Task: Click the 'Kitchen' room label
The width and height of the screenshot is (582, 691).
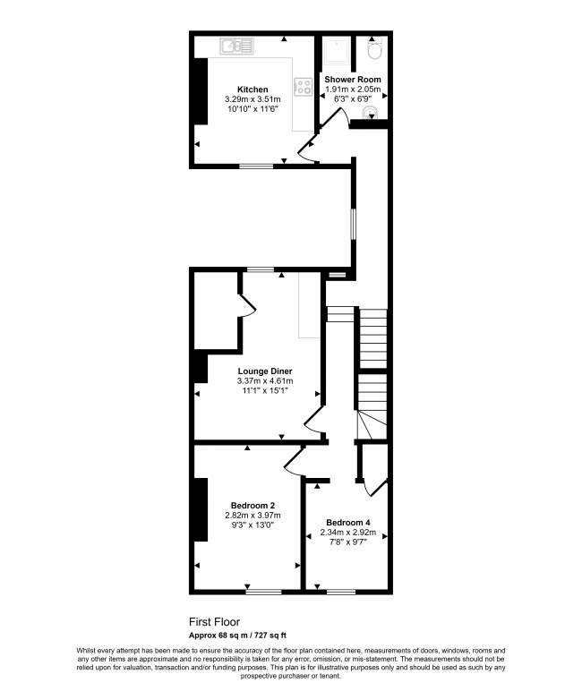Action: click(x=252, y=90)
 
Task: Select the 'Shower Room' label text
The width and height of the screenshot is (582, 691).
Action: click(x=353, y=80)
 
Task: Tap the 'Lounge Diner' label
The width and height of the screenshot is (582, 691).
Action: click(x=265, y=370)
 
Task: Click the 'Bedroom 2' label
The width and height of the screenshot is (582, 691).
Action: click(x=252, y=506)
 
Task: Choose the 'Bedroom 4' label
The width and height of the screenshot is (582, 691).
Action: click(x=347, y=523)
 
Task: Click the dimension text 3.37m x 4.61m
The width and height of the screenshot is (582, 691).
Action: click(x=265, y=380)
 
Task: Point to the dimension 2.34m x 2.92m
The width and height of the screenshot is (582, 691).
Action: click(x=347, y=533)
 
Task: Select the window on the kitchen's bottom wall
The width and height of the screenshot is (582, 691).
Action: click(x=256, y=166)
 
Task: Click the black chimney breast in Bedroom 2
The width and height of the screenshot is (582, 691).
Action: click(x=201, y=510)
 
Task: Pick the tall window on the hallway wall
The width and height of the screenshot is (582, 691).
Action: click(x=353, y=224)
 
